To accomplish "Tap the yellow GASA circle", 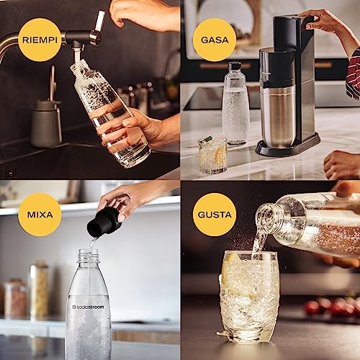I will (x=214, y=39).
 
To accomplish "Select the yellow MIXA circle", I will (x=40, y=214).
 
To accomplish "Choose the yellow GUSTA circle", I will (x=214, y=214).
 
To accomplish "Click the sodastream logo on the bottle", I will (x=88, y=307).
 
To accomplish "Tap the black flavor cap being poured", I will (x=104, y=222).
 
